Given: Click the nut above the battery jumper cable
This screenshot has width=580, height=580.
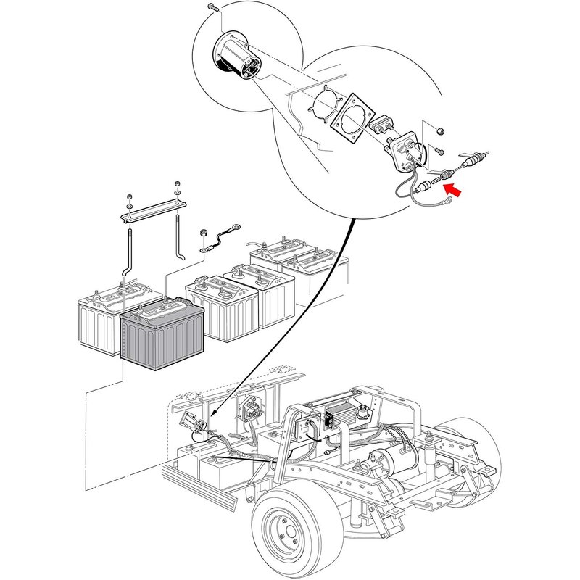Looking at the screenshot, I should pos(204,233).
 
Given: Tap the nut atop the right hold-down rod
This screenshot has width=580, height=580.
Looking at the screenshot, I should pos(176,187).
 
